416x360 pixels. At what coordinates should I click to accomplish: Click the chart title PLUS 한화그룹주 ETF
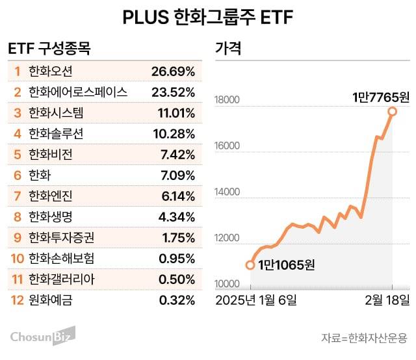208,18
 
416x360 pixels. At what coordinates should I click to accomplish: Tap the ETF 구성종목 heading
49,49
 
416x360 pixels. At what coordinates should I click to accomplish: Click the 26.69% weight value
173,70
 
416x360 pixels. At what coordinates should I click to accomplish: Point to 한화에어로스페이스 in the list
78,92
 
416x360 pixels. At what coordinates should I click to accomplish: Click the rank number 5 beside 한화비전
18,154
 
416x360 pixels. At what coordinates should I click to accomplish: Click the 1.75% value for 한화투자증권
177,237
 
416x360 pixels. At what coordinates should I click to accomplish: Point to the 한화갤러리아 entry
60,279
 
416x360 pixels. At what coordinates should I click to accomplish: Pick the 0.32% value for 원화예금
177,300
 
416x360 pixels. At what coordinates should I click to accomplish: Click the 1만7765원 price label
380,97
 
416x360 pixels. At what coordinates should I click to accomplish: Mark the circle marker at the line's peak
393,111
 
